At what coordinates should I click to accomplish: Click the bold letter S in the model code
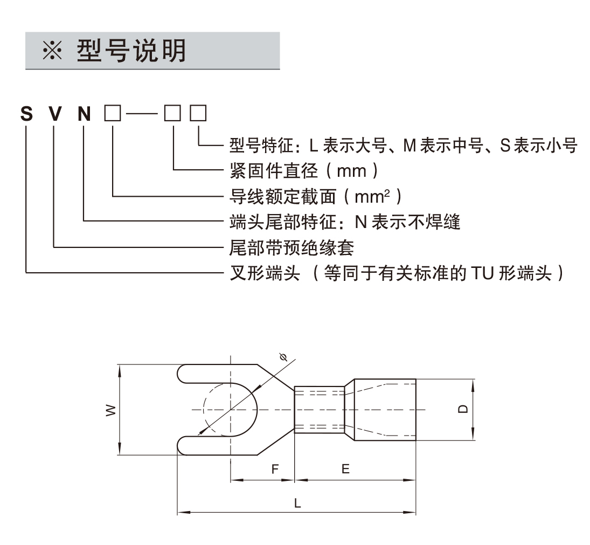(26, 114)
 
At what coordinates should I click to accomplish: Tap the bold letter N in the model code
(85, 114)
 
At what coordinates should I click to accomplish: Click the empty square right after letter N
(113, 114)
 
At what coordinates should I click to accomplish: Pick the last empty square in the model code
(199, 114)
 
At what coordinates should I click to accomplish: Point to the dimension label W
(110, 410)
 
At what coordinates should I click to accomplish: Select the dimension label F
(275, 469)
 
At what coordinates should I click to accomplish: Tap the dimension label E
(345, 469)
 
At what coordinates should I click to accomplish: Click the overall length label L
(297, 503)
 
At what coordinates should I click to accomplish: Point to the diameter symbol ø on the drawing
(284, 357)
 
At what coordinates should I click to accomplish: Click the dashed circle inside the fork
(206, 410)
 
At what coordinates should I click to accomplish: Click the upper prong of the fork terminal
(210, 374)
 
